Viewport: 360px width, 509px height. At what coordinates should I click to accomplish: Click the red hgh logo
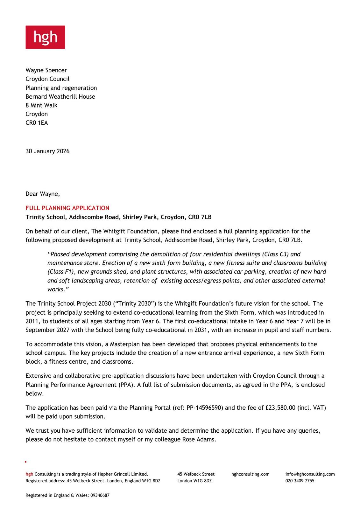tap(45, 37)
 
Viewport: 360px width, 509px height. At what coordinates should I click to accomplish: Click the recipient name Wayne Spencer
tap(46, 70)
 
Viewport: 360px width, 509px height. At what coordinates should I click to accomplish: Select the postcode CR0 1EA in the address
tap(37, 123)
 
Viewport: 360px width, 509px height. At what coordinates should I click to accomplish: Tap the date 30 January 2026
tap(47, 151)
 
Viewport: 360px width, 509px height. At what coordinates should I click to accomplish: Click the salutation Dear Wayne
tap(42, 194)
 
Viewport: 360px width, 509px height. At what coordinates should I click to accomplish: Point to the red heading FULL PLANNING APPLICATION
tap(67, 208)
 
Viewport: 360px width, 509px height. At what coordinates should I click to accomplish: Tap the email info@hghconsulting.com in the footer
tap(310, 474)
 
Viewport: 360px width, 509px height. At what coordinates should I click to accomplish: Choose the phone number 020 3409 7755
tap(300, 481)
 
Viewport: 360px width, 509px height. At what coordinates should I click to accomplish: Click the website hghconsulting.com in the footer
tap(250, 474)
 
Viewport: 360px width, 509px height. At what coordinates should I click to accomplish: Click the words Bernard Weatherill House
tap(60, 97)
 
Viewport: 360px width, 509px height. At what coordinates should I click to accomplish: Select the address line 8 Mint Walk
tap(41, 105)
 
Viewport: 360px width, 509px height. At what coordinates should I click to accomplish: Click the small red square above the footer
tap(26, 462)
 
